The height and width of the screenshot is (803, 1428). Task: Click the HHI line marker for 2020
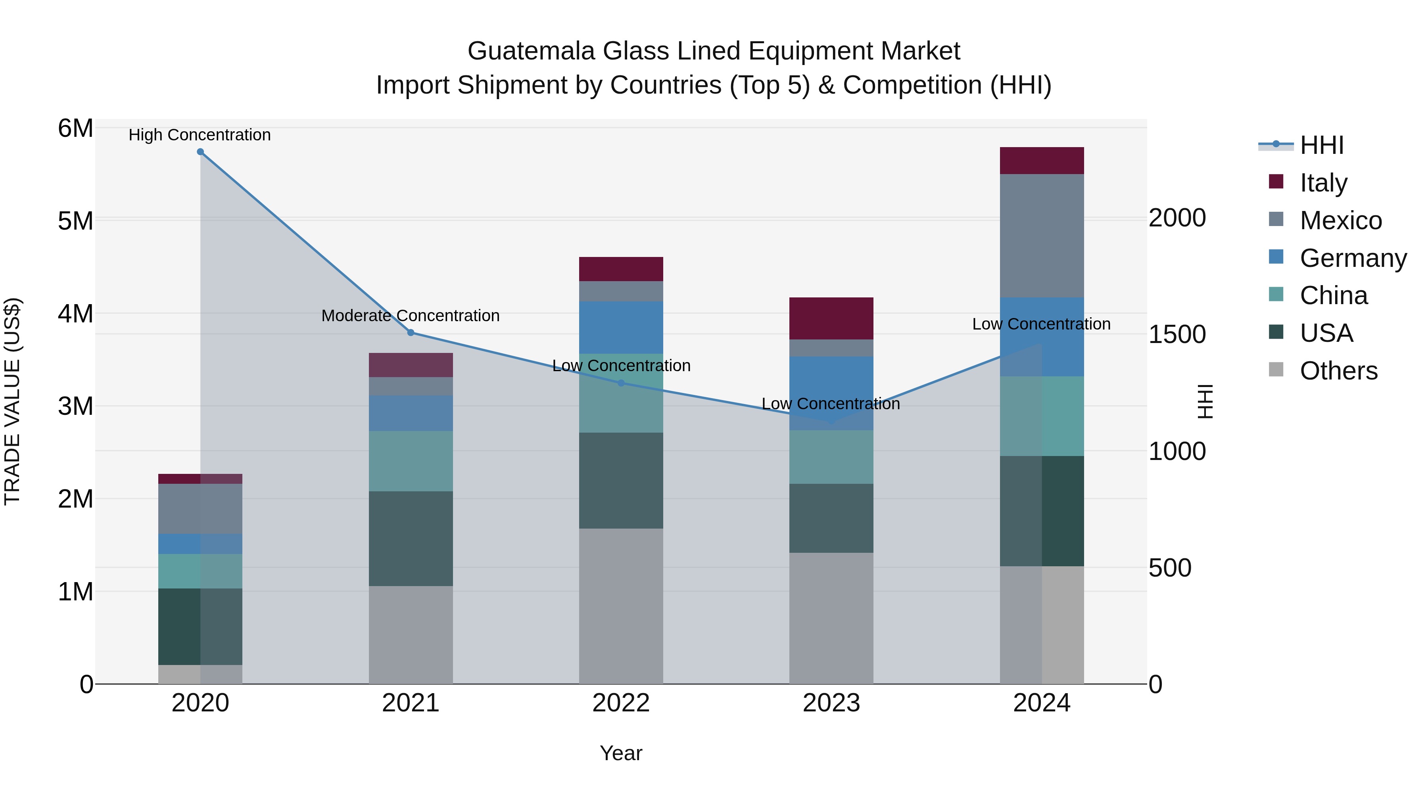[x=200, y=152]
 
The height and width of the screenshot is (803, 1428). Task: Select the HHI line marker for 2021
[x=411, y=333]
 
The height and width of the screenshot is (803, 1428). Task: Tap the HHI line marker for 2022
[x=621, y=383]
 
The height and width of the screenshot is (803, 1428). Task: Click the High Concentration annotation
[x=200, y=135]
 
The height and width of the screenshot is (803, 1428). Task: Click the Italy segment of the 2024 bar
[x=1042, y=161]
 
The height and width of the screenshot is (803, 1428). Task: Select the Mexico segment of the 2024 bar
[x=1042, y=236]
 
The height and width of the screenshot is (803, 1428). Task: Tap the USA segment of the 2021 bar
[x=411, y=538]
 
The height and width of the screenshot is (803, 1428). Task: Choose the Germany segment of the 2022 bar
[x=621, y=328]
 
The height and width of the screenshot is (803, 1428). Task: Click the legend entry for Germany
[x=1353, y=258]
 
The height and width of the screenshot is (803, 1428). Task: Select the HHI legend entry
[x=1322, y=145]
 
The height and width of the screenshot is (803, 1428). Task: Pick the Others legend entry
[x=1338, y=371]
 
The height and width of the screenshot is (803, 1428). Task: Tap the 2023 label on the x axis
[x=831, y=703]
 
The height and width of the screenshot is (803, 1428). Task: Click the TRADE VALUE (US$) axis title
[x=12, y=401]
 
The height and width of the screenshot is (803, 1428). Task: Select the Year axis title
[x=621, y=753]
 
